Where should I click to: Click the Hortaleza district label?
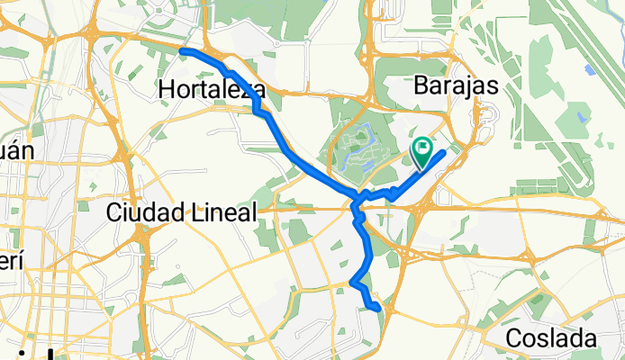(212, 90)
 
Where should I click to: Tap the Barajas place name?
(459, 85)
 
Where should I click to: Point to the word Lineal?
(227, 212)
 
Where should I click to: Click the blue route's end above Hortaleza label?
(183, 51)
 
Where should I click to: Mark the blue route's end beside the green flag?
(444, 152)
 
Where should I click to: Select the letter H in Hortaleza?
(166, 90)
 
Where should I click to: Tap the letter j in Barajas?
(471, 86)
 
